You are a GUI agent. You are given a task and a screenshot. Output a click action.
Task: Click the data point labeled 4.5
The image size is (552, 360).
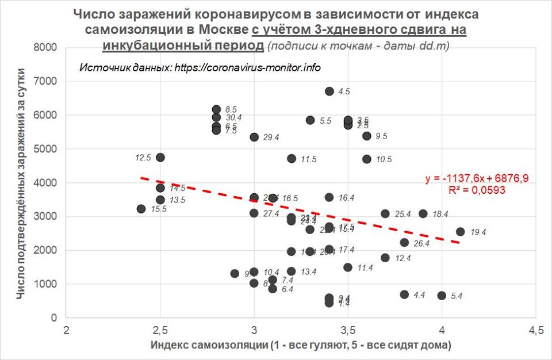pos(329,91)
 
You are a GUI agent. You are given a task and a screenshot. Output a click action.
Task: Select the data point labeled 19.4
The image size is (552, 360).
pos(461,232)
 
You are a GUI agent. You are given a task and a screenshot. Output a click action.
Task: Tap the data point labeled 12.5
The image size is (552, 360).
pos(160,157)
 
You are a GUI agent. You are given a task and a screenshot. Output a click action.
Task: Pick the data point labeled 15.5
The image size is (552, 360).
pos(141,209)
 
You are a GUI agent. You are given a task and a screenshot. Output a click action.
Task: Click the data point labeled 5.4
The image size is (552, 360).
pos(442,296)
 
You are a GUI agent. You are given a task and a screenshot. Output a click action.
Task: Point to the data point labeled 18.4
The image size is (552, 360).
pos(423,213)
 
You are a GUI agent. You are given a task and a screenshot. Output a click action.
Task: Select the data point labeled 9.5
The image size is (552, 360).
pos(367,136)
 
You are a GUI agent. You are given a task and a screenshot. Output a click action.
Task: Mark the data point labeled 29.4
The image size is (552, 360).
pos(254,137)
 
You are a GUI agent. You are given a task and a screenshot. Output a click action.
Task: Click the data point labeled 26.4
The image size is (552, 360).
pos(404,243)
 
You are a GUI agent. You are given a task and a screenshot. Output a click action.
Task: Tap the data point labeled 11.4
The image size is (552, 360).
pos(348,267)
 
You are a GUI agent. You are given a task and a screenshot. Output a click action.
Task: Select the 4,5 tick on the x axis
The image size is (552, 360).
pos(535,330)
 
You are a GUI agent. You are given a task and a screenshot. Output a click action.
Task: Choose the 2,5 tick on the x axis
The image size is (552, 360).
pos(160,330)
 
